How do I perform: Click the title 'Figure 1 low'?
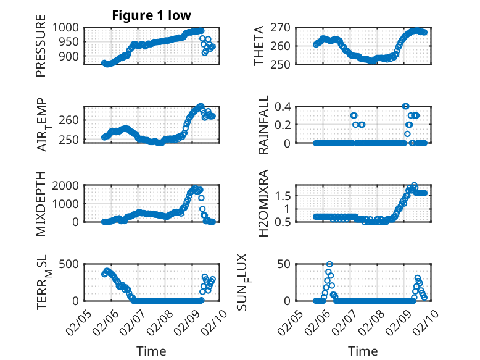(151, 15)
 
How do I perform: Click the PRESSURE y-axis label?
(41, 49)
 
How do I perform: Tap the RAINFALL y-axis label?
(263, 125)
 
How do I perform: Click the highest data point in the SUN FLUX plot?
(329, 264)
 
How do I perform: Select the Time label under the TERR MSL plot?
(151, 351)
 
